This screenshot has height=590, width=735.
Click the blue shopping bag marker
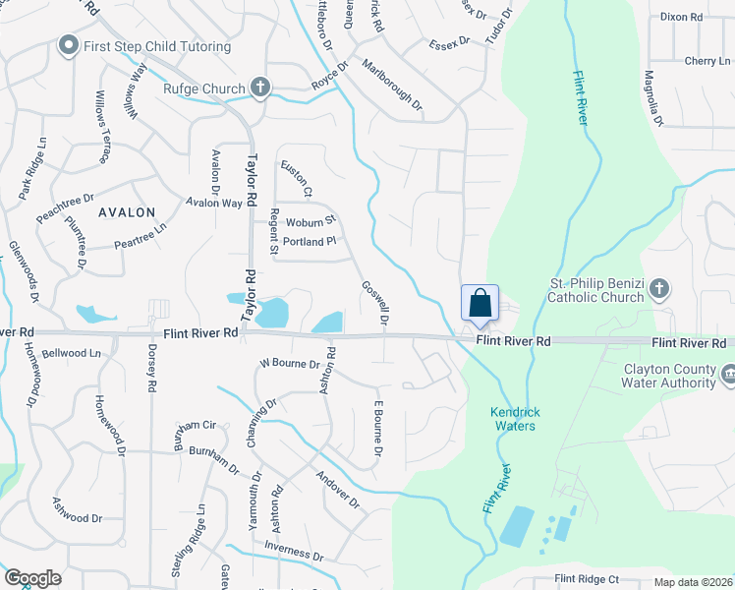click(x=480, y=303)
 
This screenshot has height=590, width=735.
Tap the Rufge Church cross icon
click(x=260, y=88)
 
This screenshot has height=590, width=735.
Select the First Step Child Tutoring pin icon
click(x=68, y=45)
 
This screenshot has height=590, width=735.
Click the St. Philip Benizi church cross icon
click(x=659, y=289)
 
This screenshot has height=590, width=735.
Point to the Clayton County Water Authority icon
click(x=728, y=375)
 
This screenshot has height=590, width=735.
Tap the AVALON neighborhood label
click(x=127, y=212)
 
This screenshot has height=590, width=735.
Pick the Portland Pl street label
click(x=310, y=241)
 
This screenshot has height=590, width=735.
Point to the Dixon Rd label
click(x=681, y=17)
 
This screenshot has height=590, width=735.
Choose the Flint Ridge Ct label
click(x=586, y=579)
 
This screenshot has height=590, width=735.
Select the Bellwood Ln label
click(x=72, y=352)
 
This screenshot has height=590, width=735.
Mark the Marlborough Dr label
click(x=391, y=88)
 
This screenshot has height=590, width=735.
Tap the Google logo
click(x=32, y=578)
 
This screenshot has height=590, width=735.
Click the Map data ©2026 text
click(x=693, y=582)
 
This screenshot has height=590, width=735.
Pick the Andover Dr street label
click(x=339, y=489)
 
